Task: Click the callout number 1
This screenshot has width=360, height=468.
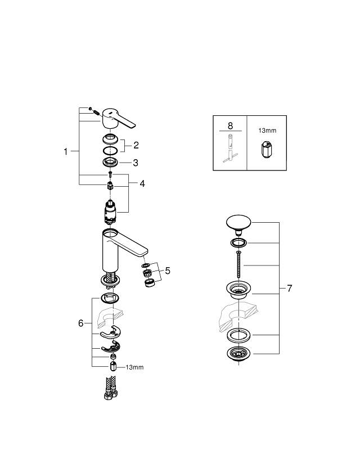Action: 66,151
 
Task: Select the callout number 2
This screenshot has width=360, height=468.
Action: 136,145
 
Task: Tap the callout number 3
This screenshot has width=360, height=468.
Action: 136,163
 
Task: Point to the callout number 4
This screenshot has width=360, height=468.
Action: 142,183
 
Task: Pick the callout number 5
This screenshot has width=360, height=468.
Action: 167,271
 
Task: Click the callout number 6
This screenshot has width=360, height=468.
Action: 81,323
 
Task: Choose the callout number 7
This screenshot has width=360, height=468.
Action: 289,289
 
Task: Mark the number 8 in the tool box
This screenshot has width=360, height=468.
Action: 229,127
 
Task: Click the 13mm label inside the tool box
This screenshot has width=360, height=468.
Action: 267,130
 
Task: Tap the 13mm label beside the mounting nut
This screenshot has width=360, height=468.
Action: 134,367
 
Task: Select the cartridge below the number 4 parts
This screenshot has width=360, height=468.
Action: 110,213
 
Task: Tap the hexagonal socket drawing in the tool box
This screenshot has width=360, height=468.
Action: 266,151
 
